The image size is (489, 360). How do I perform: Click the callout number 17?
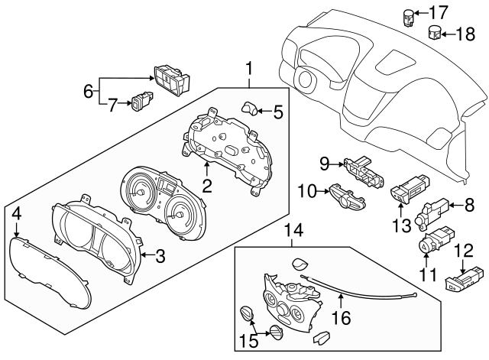point(439,12)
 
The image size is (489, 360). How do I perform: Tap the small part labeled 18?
point(435,32)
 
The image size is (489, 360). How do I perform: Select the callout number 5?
point(278,112)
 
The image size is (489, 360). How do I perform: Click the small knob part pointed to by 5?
point(249,109)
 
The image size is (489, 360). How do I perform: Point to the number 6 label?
point(89,92)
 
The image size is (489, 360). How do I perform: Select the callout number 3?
point(160,256)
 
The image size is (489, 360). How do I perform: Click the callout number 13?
point(402,225)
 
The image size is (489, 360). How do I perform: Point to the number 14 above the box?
point(293,231)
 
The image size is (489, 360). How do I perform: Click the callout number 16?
point(342,318)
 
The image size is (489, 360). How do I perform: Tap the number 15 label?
point(249,341)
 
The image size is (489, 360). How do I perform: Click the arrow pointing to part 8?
point(456,206)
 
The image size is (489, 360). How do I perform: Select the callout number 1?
point(249,69)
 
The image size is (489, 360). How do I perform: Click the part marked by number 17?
point(409,18)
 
